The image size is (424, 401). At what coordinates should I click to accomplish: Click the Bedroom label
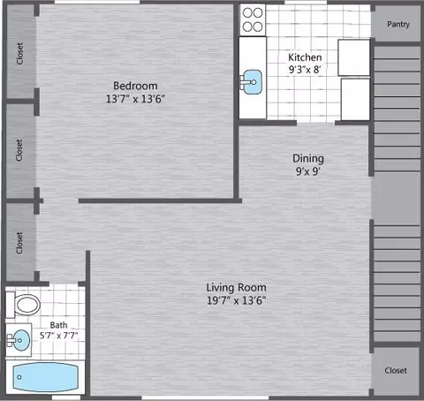click(x=135, y=86)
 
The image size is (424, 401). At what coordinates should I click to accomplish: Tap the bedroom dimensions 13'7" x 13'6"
click(x=135, y=99)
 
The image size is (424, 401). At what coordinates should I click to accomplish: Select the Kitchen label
click(x=305, y=57)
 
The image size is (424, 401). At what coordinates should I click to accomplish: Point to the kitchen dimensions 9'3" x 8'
click(x=305, y=70)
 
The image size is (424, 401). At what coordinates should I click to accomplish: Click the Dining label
click(x=308, y=158)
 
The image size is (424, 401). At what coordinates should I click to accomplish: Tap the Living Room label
click(x=236, y=287)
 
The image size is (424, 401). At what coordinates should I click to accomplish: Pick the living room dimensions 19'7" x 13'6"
click(x=236, y=300)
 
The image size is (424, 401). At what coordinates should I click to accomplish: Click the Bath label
click(x=58, y=325)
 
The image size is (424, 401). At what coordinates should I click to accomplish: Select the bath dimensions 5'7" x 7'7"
click(x=58, y=336)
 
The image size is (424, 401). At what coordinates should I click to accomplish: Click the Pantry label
click(x=398, y=24)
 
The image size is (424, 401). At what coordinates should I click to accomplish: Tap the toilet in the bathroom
click(x=24, y=305)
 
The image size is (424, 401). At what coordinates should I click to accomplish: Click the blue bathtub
click(x=45, y=377)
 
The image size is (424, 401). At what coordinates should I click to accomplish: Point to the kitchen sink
click(x=252, y=82)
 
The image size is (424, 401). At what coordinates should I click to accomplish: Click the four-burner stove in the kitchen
click(x=253, y=19)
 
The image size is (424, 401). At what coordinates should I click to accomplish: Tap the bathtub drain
click(x=19, y=377)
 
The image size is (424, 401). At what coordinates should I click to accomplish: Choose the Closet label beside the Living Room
click(x=396, y=370)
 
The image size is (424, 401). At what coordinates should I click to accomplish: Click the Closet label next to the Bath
click(x=19, y=242)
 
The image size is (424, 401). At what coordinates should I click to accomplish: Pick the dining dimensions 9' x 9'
click(x=308, y=171)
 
